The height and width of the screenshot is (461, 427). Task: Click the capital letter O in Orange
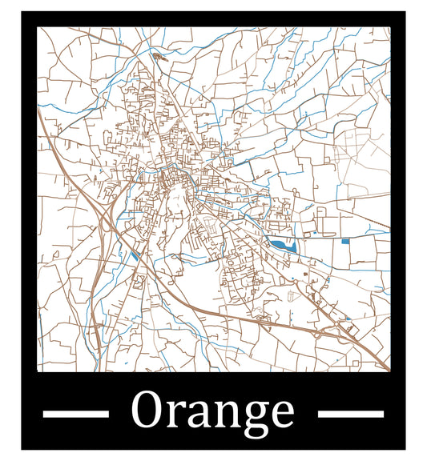[149, 411]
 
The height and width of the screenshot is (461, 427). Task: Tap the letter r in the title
[178, 415]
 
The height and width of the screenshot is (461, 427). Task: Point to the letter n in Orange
[227, 415]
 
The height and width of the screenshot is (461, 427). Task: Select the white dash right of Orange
[351, 413]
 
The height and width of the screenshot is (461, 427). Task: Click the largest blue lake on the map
[281, 245]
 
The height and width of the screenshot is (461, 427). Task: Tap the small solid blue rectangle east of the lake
[345, 241]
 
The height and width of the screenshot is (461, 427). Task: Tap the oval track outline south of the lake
[293, 295]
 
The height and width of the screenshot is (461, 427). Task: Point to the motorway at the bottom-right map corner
[385, 367]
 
